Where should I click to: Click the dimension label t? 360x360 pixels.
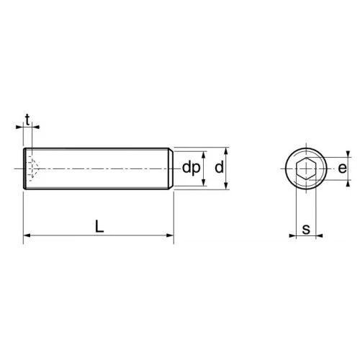27,120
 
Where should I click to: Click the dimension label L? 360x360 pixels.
99,227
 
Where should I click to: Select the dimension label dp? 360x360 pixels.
191,168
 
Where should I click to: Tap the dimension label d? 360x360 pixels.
219,167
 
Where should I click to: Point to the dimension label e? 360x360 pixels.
343,168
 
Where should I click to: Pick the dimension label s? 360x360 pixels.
306,229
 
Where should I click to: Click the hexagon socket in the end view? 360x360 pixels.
306,168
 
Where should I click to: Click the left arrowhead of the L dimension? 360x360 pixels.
27,235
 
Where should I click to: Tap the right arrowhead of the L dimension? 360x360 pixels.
170,235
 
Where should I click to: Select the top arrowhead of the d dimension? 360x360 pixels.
225,151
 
